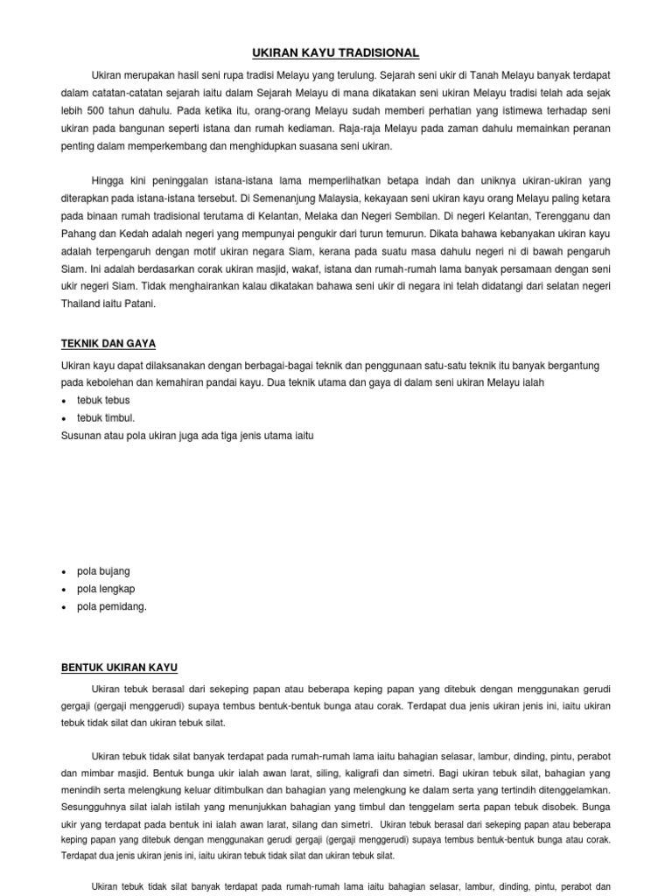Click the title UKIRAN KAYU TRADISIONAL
pos(336,53)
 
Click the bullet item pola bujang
pos(103,570)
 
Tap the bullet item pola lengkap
pos(106,588)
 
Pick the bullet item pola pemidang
pos(112,606)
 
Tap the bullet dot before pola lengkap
pos(65,589)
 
